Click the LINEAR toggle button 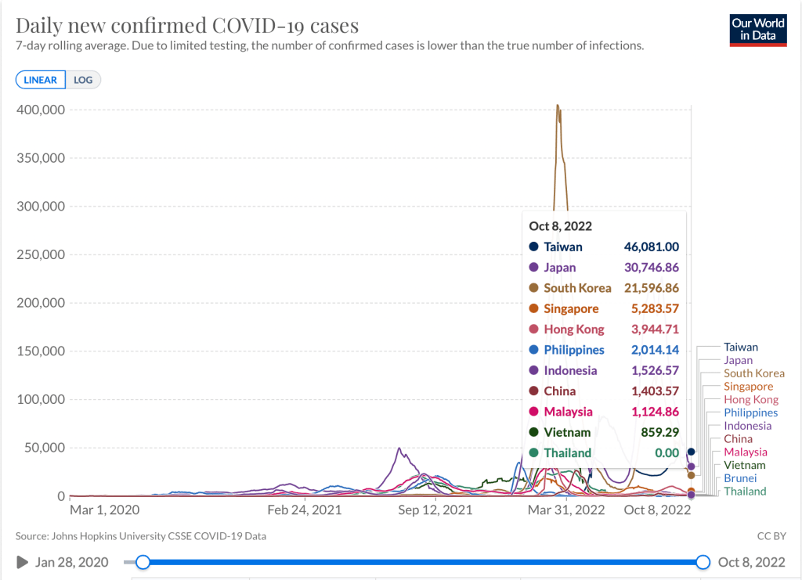tap(40, 80)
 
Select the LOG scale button tap(82, 80)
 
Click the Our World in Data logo tap(757, 29)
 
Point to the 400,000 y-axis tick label tap(40, 110)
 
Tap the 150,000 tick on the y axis tap(40, 351)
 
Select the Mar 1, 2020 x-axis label tap(106, 510)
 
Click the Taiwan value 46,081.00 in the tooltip tap(651, 247)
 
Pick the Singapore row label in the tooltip tap(571, 308)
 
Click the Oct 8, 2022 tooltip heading tap(560, 226)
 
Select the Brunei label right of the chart tap(740, 478)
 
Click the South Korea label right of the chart tap(753, 373)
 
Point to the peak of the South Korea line tap(558, 106)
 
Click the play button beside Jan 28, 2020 tap(22, 562)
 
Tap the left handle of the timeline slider tap(143, 562)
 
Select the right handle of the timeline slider tap(703, 562)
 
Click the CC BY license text tap(771, 536)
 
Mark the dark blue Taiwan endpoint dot tap(691, 452)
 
